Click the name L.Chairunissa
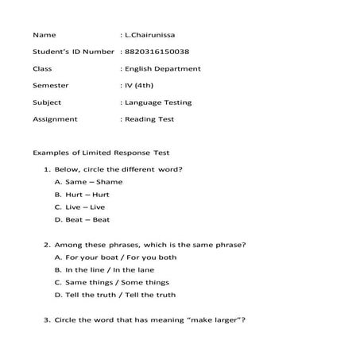pos(153,36)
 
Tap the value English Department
pos(163,68)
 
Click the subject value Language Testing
pos(158,102)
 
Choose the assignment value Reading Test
pos(149,119)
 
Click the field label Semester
pos(51,85)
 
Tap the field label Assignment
pos(55,119)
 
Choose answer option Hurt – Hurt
pos(87,195)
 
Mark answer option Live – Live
pos(85,207)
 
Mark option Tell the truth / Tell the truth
pos(120,295)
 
